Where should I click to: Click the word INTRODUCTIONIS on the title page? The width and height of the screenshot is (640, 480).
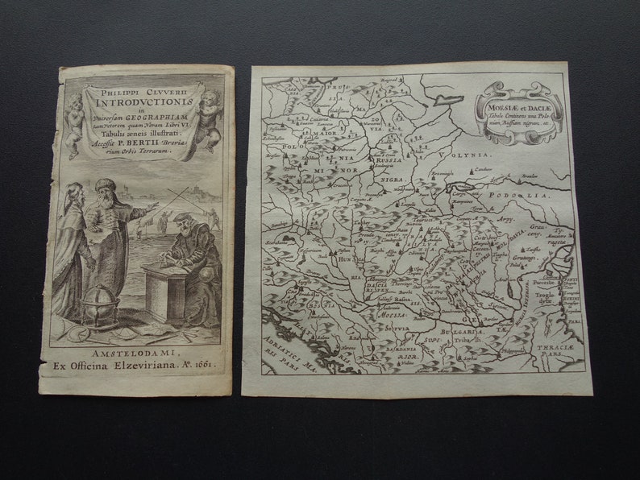[143, 102]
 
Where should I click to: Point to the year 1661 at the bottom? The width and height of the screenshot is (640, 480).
[200, 363]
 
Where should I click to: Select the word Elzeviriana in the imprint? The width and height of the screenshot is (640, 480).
[147, 363]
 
